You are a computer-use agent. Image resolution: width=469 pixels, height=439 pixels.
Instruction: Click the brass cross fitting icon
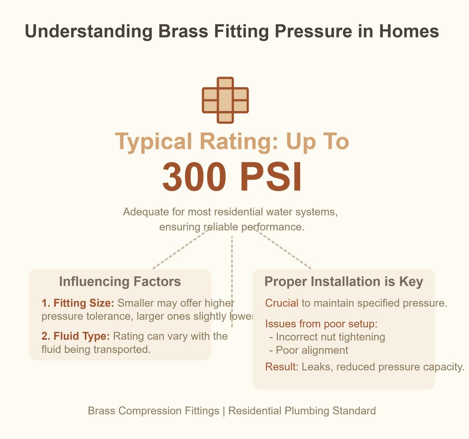point(225,100)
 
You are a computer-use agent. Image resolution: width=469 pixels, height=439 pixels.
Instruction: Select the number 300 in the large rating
point(194,177)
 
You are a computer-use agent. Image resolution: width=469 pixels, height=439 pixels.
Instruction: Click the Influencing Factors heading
point(120,281)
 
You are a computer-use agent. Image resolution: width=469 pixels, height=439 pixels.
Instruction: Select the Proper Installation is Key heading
point(344,281)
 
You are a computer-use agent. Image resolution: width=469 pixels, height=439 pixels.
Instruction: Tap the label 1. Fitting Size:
point(78,303)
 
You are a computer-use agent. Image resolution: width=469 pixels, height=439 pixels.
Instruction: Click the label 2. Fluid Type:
point(75,336)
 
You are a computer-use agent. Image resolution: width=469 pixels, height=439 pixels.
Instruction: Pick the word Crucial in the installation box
point(281,303)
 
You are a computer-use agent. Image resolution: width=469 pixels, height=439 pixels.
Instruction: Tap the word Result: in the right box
point(282,367)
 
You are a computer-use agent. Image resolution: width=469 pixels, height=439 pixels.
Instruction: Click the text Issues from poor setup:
point(321,324)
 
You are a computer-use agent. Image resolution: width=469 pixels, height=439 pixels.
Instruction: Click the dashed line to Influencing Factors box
point(180,250)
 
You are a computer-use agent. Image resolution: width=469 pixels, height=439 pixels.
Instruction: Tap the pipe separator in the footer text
point(224,411)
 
